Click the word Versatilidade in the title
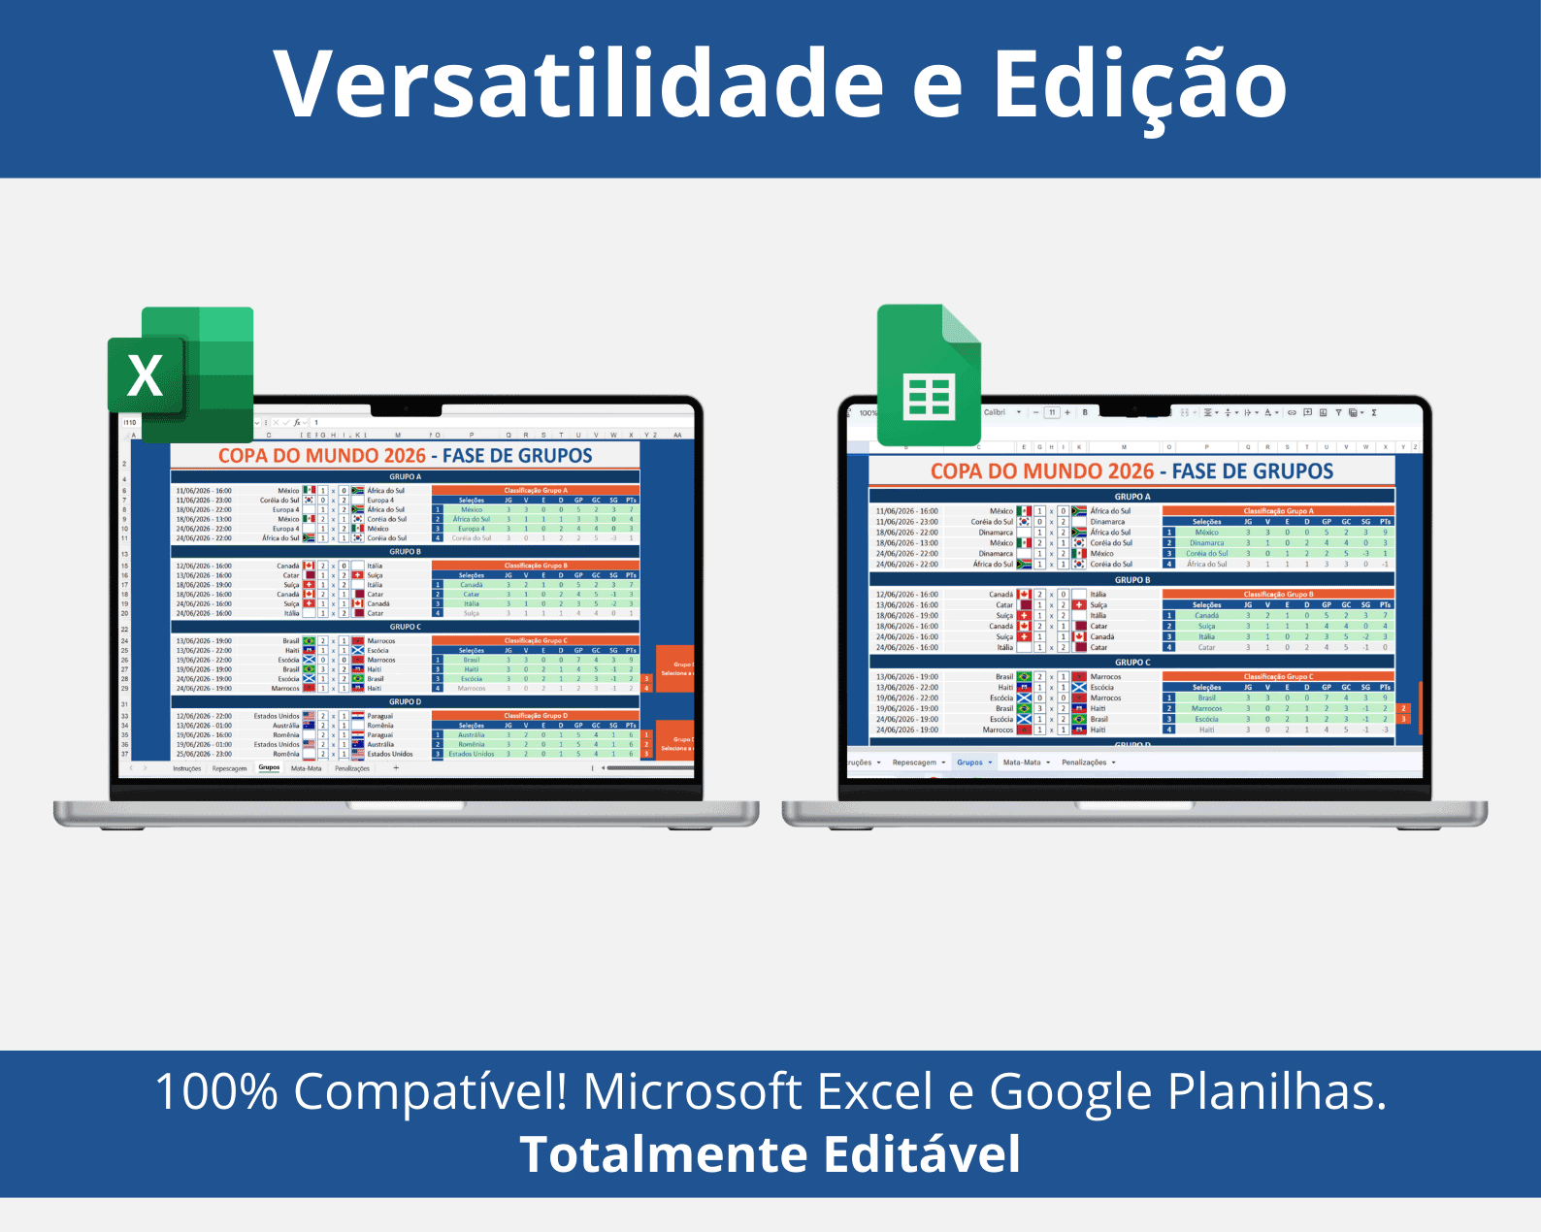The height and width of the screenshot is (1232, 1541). click(x=577, y=84)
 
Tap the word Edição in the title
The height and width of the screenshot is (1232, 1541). click(x=1139, y=84)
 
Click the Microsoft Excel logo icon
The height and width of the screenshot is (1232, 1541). click(x=181, y=374)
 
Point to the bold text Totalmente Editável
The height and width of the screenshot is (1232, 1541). click(x=770, y=1154)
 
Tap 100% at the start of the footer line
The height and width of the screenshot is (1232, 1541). click(x=216, y=1091)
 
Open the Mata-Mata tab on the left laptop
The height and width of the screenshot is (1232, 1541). click(x=306, y=768)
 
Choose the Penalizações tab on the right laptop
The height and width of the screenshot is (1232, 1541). click(x=1084, y=762)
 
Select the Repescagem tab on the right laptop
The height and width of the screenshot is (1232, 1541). click(x=914, y=762)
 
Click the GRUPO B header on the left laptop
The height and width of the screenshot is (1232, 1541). click(x=405, y=551)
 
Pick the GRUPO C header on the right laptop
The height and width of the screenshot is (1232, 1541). click(x=1132, y=663)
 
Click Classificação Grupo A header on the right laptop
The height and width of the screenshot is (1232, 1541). click(x=1278, y=510)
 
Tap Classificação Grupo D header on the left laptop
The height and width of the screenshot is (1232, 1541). click(x=535, y=715)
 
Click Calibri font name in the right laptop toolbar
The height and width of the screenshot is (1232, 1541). click(x=995, y=412)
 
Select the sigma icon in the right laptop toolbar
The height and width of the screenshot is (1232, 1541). click(x=1373, y=412)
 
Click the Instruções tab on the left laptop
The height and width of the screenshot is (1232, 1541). click(x=186, y=768)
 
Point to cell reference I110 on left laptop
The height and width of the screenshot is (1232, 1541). click(x=130, y=423)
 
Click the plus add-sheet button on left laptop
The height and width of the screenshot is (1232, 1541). click(x=396, y=767)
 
